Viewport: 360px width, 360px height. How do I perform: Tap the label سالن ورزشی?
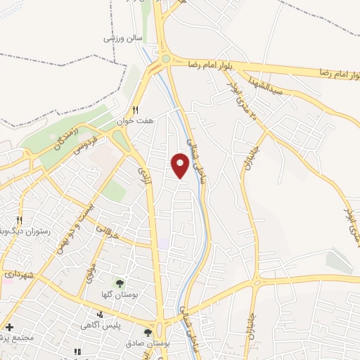pyautogui.click(x=124, y=38)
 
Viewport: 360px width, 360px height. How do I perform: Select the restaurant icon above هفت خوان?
pyautogui.click(x=136, y=109)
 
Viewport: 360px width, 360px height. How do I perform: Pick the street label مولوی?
pyautogui.click(x=89, y=269)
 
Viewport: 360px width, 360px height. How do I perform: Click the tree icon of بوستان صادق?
pyautogui.click(x=147, y=332)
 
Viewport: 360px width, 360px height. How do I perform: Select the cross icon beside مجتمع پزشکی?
pyautogui.click(x=9, y=327)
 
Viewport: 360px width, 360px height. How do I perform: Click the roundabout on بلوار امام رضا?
pyautogui.click(x=165, y=61)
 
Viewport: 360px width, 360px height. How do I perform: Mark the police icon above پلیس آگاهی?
pyautogui.click(x=102, y=314)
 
